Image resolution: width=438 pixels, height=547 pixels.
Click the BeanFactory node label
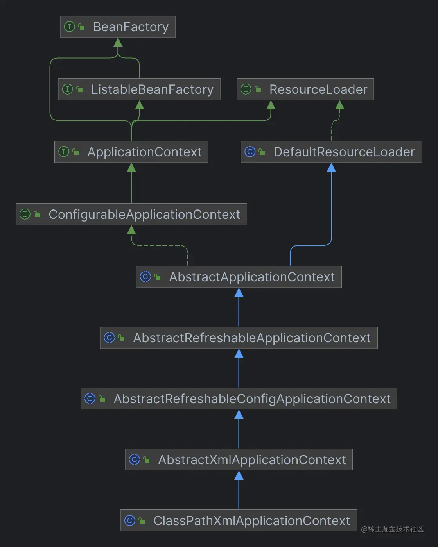pyautogui.click(x=131, y=27)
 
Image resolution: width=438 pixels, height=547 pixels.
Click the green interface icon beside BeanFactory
pyautogui.click(x=69, y=27)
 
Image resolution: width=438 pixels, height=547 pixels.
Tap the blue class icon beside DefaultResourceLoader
pyautogui.click(x=250, y=152)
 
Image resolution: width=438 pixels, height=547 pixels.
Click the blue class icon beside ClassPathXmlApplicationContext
pyautogui.click(x=130, y=520)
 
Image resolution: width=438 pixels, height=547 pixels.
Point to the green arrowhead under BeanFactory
pyautogui.click(x=118, y=42)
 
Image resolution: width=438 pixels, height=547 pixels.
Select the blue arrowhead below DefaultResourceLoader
pyautogui.click(x=331, y=167)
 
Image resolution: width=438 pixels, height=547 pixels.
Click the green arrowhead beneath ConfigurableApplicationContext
pyautogui.click(x=131, y=230)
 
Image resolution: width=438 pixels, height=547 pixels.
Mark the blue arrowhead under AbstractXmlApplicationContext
pyautogui.click(x=239, y=475)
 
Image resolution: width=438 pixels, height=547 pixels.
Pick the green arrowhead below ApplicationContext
pyautogui.click(x=131, y=167)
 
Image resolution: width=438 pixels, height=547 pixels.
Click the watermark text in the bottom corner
pyautogui.click(x=392, y=529)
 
